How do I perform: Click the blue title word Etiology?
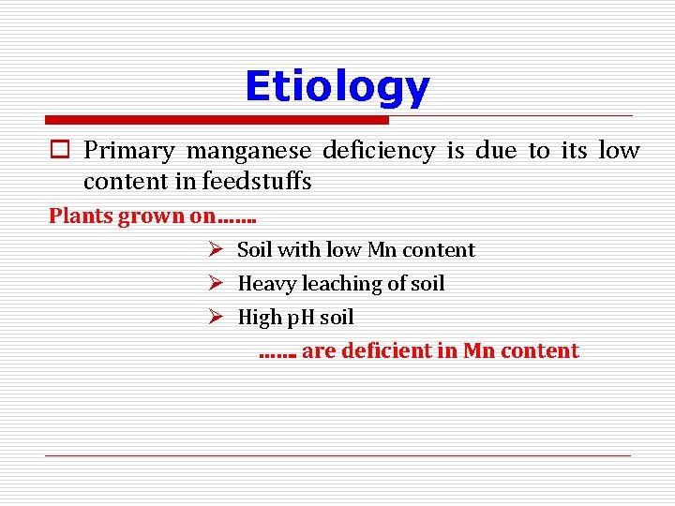click(x=337, y=87)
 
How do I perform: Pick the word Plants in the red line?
click(x=81, y=216)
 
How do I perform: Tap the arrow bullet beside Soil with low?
click(x=215, y=250)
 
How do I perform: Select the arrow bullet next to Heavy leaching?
click(x=215, y=284)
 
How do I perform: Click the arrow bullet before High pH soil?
click(x=215, y=318)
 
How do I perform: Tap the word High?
click(x=261, y=318)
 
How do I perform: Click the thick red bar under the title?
click(x=217, y=120)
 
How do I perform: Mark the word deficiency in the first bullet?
click(x=379, y=151)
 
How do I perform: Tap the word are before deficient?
click(x=318, y=351)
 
